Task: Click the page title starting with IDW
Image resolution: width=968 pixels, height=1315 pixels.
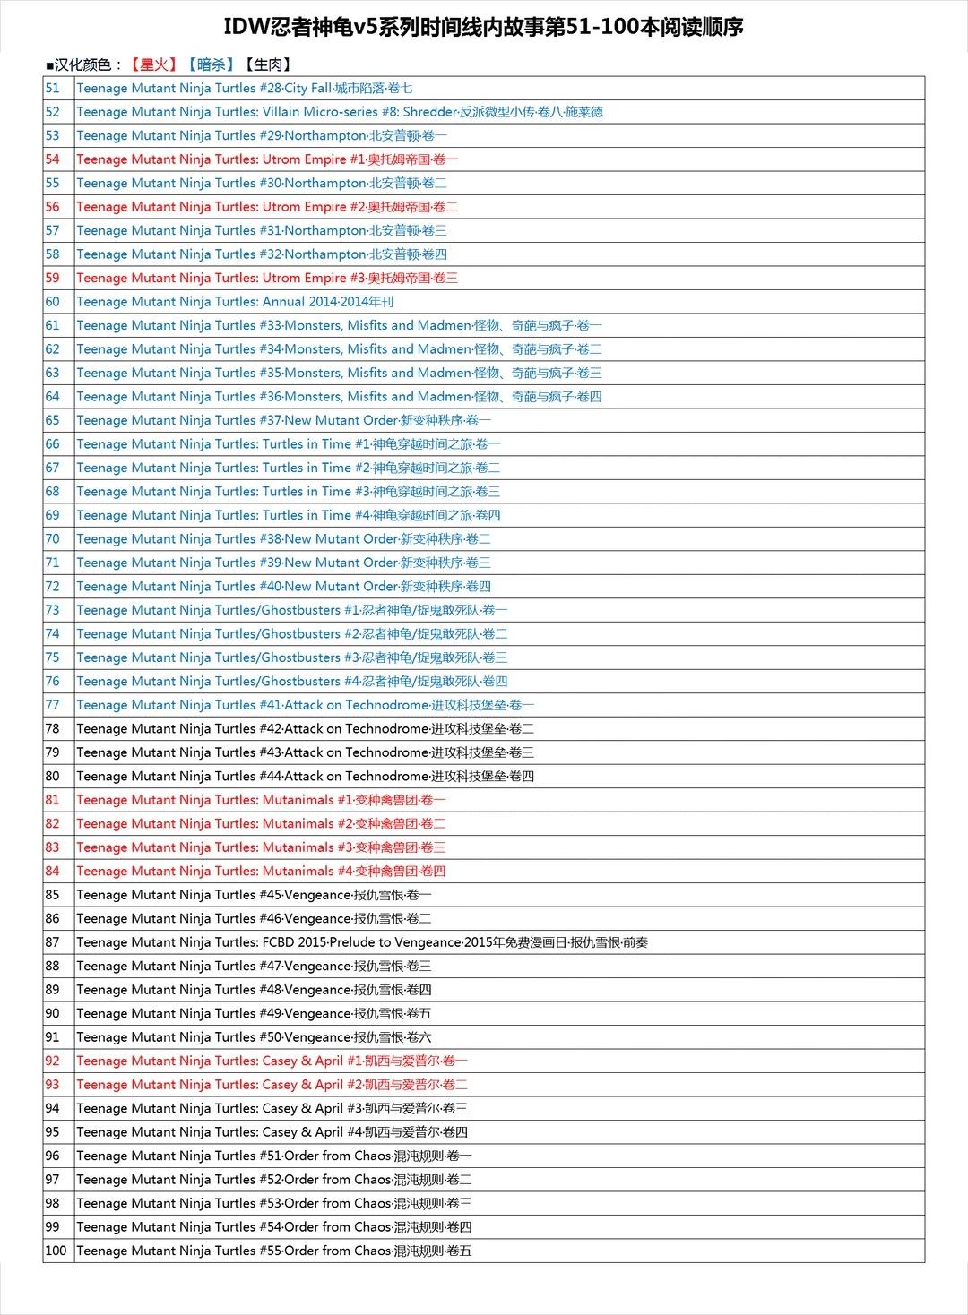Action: (x=483, y=27)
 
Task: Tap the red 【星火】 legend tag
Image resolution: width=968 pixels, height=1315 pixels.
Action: (x=153, y=64)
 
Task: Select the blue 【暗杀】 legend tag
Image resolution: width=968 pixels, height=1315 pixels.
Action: (x=211, y=64)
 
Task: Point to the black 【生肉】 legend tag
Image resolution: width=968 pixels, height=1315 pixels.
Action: (x=268, y=64)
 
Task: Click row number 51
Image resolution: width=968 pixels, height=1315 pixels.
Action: (x=53, y=88)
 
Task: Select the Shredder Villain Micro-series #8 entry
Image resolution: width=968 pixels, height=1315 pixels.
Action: (x=339, y=112)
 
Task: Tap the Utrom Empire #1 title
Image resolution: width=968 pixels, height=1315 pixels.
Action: (x=266, y=159)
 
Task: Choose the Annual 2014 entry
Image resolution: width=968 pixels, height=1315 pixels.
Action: (x=235, y=302)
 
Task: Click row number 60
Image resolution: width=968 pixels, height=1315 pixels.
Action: (x=53, y=302)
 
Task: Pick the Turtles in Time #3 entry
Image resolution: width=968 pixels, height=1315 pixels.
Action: (x=288, y=492)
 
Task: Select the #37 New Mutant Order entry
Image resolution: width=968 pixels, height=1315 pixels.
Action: (x=283, y=420)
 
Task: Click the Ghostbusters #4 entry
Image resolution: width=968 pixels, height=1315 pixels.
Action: (x=291, y=682)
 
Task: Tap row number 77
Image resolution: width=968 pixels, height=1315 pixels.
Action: (x=53, y=705)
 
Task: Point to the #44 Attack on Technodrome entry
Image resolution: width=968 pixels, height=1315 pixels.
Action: (x=305, y=777)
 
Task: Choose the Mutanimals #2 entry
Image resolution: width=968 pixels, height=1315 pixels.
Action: (x=260, y=824)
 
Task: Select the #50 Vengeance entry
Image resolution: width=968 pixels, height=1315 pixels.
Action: (x=254, y=1037)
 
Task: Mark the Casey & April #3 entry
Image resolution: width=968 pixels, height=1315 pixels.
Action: (x=272, y=1109)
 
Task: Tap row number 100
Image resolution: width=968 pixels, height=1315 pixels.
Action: (x=56, y=1251)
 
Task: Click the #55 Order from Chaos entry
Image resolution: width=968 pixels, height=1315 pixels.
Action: (x=273, y=1251)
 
